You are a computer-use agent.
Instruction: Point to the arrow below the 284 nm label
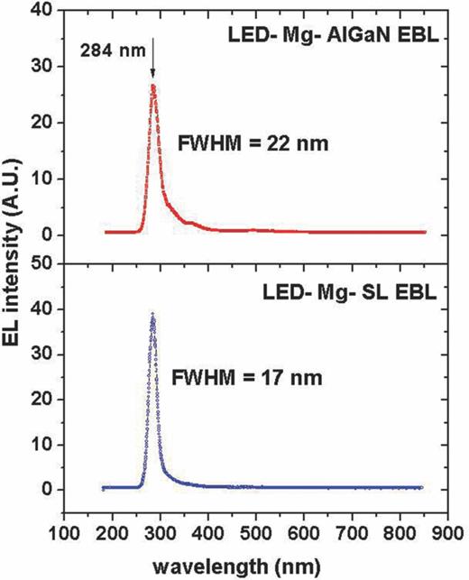tap(153, 70)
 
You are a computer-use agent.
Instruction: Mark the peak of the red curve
tap(153, 87)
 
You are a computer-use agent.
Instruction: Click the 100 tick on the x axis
tap(65, 532)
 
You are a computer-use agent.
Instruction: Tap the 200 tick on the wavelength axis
tap(113, 532)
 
